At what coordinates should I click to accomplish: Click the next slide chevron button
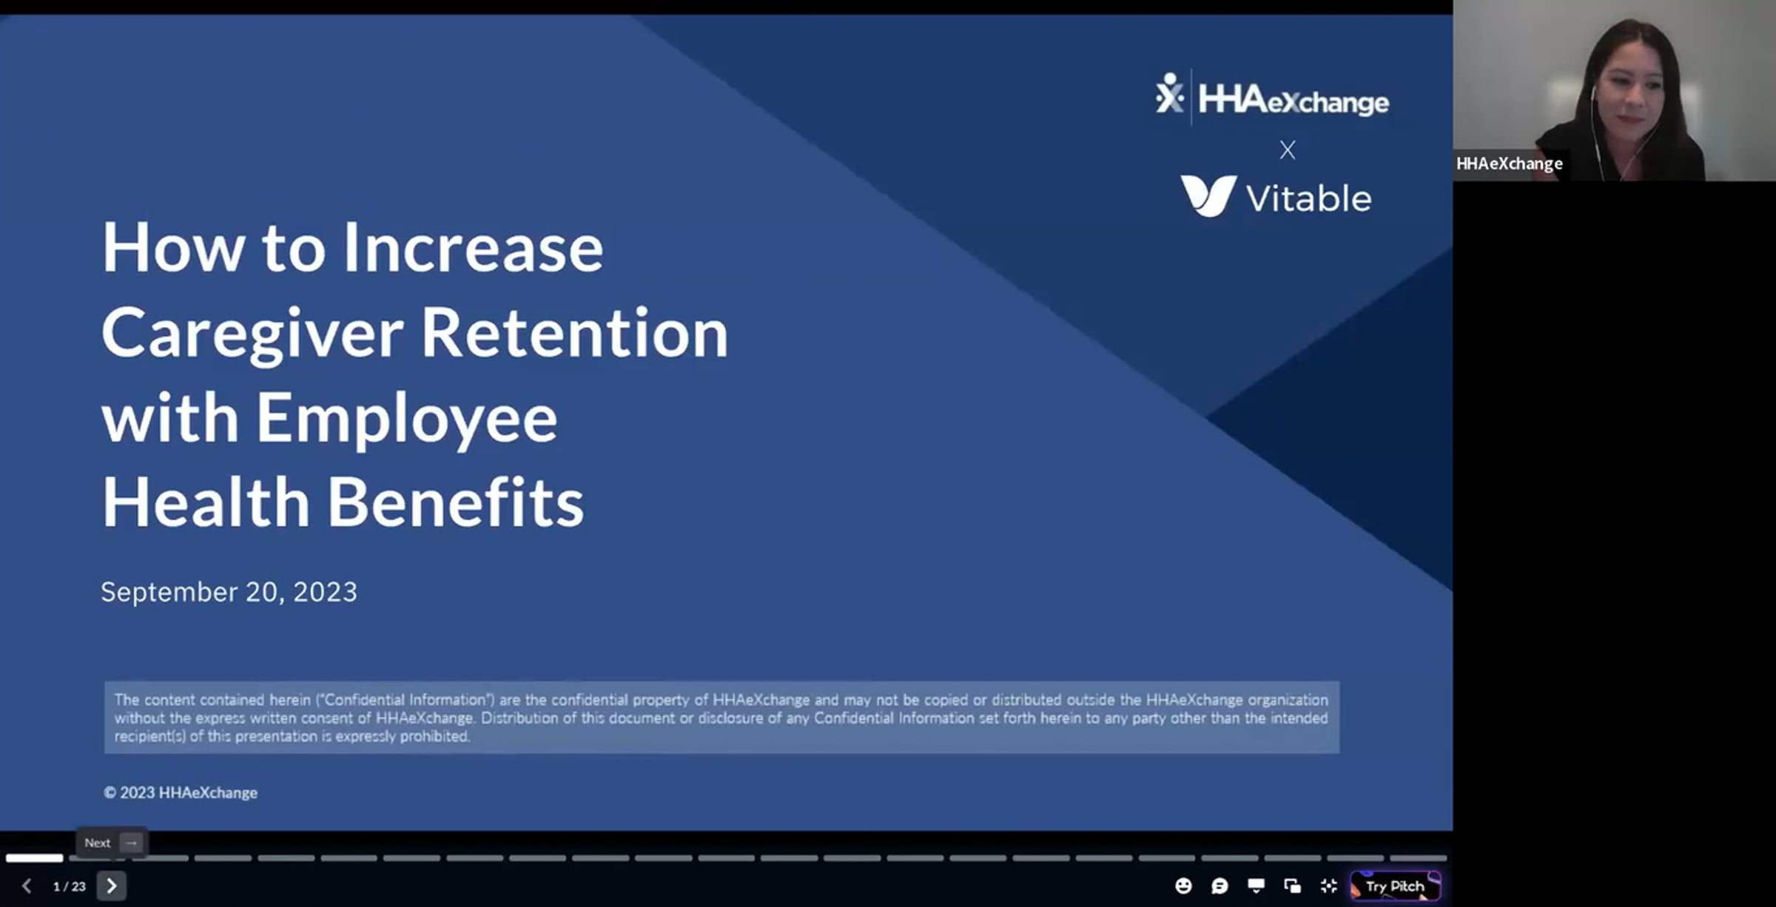point(112,886)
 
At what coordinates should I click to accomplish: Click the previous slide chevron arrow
point(27,886)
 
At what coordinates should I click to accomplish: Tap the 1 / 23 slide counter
point(70,886)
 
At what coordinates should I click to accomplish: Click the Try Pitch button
point(1396,886)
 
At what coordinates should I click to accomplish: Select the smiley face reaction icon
point(1183,886)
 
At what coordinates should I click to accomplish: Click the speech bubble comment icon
point(1220,886)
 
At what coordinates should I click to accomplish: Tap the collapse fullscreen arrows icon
point(1329,886)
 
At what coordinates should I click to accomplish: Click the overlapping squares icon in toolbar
point(1293,886)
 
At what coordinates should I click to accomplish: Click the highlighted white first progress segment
point(35,858)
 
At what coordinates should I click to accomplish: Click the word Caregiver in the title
point(252,334)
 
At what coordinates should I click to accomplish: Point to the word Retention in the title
point(575,333)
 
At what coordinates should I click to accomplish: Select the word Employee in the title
point(406,419)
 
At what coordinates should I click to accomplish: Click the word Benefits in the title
point(455,502)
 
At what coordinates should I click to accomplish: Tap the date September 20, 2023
point(229,592)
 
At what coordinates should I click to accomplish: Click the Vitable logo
point(1276,196)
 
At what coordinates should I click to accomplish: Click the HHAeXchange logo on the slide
point(1272,98)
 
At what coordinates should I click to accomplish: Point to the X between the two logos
point(1288,150)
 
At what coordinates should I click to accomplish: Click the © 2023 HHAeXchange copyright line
point(181,792)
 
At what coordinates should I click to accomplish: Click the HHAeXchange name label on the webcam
point(1510,163)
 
